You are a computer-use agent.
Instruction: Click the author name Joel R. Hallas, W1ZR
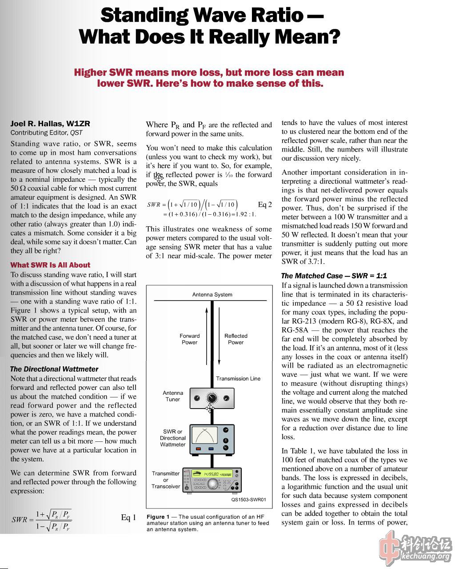[x=50, y=124]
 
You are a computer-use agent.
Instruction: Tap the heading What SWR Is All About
[x=50, y=265]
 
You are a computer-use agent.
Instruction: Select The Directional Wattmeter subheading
[x=54, y=369]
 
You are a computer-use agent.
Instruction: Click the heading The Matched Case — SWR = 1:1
[x=334, y=276]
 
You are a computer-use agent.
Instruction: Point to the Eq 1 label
[x=128, y=517]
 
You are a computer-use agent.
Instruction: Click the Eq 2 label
[x=265, y=204]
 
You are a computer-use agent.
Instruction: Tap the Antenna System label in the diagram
[x=212, y=295]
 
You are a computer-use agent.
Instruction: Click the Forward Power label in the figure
[x=190, y=339]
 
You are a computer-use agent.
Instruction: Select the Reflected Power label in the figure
[x=236, y=339]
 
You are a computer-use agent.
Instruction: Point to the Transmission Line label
[x=238, y=379]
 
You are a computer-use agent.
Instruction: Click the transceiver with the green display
[x=212, y=480]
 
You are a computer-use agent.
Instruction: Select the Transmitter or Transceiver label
[x=166, y=480]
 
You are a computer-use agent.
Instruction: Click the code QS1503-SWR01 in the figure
[x=248, y=500]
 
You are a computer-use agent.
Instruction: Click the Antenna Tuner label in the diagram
[x=173, y=396]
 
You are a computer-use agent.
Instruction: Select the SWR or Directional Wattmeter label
[x=173, y=438]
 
